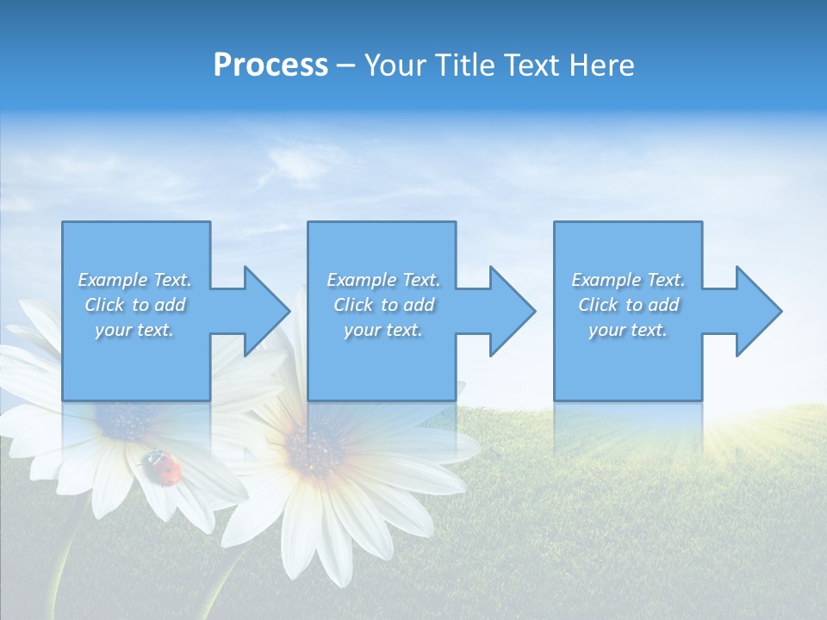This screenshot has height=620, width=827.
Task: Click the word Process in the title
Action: (x=270, y=65)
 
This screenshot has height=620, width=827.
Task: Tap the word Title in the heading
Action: (x=463, y=65)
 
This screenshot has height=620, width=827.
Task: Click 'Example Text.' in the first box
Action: (x=134, y=280)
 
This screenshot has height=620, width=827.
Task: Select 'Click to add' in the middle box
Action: (x=383, y=305)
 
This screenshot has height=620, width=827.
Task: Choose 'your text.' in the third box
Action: (x=628, y=330)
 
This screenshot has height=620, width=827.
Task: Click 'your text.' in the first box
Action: (x=134, y=330)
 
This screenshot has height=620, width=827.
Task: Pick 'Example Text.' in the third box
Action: (x=628, y=280)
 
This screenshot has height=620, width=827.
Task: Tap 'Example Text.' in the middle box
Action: (x=383, y=280)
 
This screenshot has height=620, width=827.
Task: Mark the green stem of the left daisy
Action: (x=65, y=568)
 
